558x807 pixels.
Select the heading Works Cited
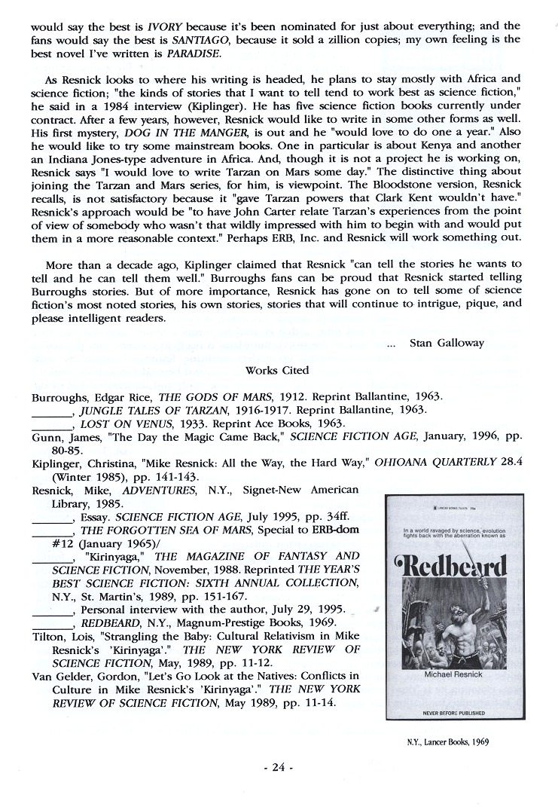point(276,370)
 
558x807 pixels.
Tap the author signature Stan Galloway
point(447,342)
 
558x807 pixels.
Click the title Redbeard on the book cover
point(453,566)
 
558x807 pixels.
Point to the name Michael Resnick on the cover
point(453,674)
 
